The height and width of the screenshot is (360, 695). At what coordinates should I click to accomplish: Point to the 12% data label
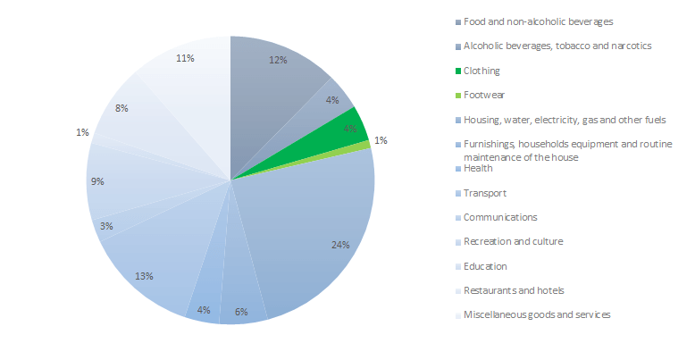pos(278,60)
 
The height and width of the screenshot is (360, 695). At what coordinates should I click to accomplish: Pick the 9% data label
pos(97,181)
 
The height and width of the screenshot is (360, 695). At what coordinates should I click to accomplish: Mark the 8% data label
pos(121,108)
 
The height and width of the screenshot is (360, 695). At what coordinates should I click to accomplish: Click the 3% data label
pos(106,226)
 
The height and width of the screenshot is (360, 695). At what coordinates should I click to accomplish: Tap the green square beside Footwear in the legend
pos(458,95)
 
